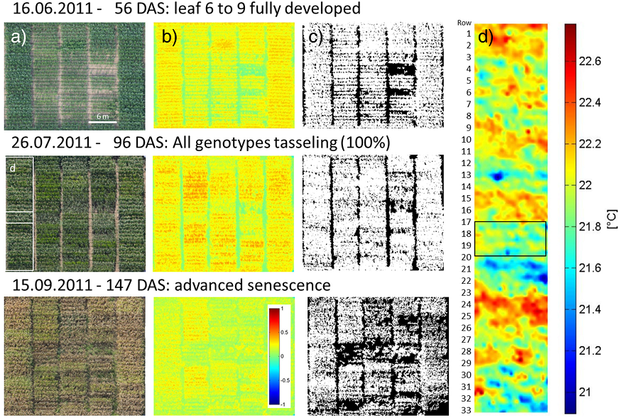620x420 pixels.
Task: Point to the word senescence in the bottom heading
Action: click(x=288, y=286)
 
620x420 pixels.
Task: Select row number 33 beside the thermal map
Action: click(x=466, y=411)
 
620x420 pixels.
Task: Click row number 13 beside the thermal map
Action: click(x=466, y=175)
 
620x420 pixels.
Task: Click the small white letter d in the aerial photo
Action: click(x=11, y=168)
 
